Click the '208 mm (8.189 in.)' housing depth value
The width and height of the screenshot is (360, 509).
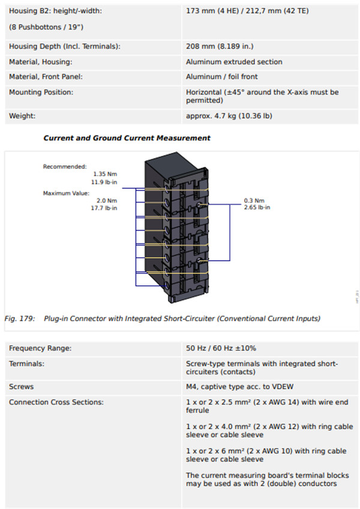click(220, 46)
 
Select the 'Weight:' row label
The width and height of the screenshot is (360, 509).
click(22, 116)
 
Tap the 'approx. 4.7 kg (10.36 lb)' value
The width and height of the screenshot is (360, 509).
click(229, 116)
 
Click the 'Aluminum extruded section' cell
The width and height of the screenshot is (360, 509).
click(234, 62)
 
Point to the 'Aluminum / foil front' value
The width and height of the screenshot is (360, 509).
click(221, 77)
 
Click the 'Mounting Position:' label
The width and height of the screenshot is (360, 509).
click(41, 92)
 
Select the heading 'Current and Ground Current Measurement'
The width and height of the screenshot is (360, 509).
click(127, 138)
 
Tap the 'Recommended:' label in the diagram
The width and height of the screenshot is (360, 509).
click(65, 167)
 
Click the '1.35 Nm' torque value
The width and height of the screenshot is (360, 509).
click(105, 174)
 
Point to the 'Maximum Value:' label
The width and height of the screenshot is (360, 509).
click(66, 193)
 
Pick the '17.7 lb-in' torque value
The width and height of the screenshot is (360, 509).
click(104, 208)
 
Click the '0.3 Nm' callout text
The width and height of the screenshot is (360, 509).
click(254, 201)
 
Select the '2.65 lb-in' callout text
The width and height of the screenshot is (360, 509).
click(257, 207)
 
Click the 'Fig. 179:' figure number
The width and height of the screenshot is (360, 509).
click(19, 318)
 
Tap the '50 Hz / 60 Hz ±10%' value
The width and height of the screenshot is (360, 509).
click(221, 348)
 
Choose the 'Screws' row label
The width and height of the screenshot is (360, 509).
click(21, 387)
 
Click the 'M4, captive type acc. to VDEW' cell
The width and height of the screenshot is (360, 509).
click(239, 387)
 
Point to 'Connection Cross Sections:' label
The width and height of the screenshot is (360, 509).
click(56, 402)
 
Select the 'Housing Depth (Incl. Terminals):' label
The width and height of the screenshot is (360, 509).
click(65, 46)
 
